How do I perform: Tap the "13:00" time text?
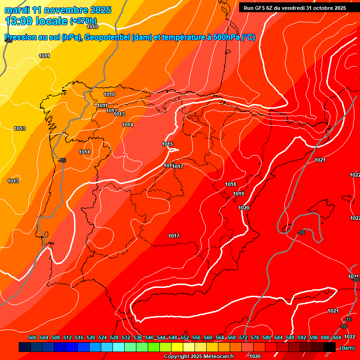pyautogui.click(x=18, y=21)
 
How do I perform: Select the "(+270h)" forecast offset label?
pyautogui.click(x=83, y=21)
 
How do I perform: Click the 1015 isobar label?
pyautogui.click(x=167, y=144)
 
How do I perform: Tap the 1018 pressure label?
pyautogui.click(x=231, y=185)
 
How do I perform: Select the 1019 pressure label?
pyautogui.click(x=239, y=194)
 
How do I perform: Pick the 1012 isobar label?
pyautogui.click(x=112, y=111)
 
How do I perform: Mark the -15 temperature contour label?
pyautogui.click(x=62, y=161)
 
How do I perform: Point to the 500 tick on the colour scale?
pyautogui.click(x=32, y=337)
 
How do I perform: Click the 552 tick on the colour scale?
pyautogui.click(x=185, y=337)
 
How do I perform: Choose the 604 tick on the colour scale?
pyautogui.click(x=337, y=337)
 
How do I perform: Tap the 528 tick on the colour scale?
pyautogui.click(x=114, y=337)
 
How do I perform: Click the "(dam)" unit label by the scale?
pyautogui.click(x=347, y=348)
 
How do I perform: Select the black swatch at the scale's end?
pyautogui.click(x=330, y=347)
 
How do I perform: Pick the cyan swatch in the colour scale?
pyautogui.click(x=119, y=347)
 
